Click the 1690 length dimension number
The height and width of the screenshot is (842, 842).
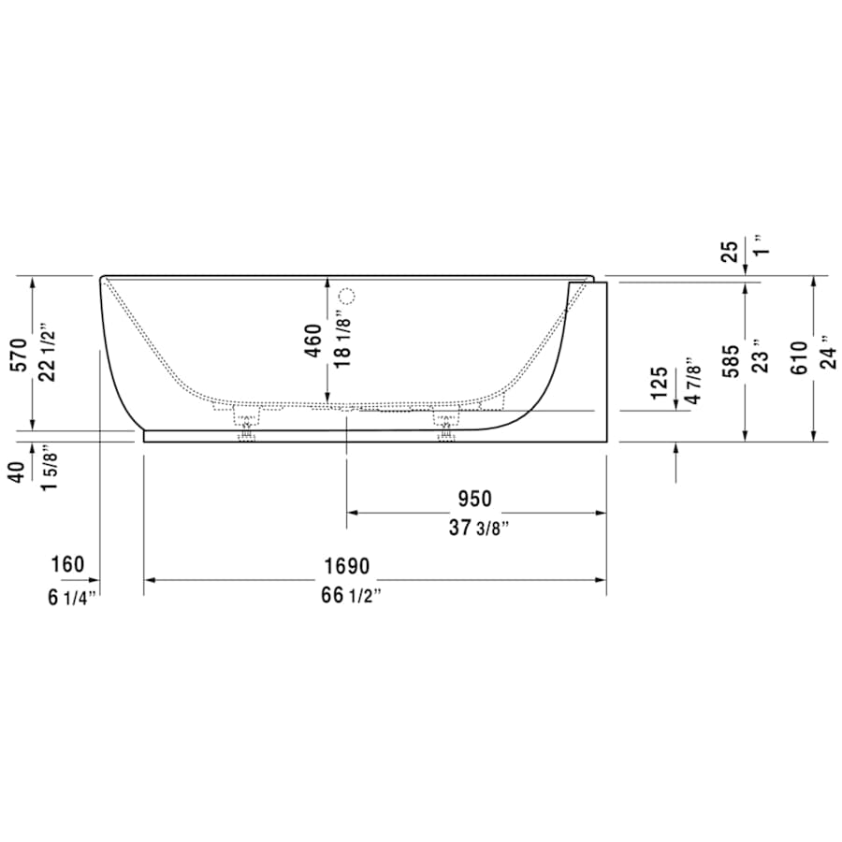coord(347,566)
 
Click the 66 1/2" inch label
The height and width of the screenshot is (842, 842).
coord(347,597)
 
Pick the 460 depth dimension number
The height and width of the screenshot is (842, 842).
coord(313,341)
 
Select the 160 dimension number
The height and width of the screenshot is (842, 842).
coord(67,565)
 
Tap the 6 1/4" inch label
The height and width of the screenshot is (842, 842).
coord(71,597)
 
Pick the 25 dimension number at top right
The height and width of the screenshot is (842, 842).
coord(730,251)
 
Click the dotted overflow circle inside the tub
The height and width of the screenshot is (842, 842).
coord(347,298)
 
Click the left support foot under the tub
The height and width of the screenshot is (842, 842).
coord(247,426)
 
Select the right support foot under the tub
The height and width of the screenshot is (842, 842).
coord(444,426)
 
